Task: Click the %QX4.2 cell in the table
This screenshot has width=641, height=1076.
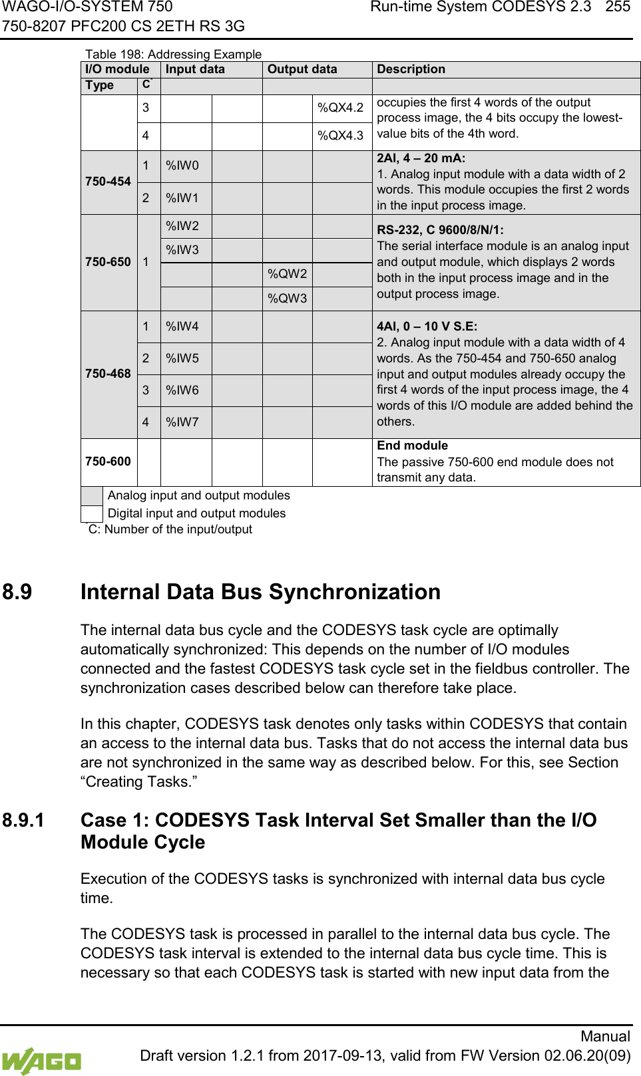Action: click(340, 108)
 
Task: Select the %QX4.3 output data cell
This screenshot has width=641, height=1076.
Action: click(340, 136)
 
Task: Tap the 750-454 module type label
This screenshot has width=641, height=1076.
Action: click(108, 182)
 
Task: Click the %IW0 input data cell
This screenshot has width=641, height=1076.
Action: click(182, 166)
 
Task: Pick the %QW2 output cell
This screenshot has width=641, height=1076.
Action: click(288, 274)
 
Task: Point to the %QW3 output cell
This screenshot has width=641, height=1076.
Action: click(288, 299)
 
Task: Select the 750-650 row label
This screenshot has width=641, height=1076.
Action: click(108, 262)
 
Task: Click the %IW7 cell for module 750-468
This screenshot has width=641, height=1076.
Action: click(182, 422)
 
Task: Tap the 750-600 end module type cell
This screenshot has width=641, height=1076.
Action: click(108, 462)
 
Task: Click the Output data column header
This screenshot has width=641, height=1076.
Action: click(302, 69)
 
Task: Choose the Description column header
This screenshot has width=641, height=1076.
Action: click(411, 69)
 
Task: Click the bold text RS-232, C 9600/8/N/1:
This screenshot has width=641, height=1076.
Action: click(440, 230)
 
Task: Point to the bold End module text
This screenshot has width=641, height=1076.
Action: click(412, 446)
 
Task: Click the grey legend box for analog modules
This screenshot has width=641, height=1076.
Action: click(92, 496)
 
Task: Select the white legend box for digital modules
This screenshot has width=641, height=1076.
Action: click(92, 514)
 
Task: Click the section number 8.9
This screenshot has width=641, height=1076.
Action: click(17, 592)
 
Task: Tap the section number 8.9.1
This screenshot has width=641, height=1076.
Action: click(23, 820)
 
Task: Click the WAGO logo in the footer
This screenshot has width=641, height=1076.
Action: click(41, 1061)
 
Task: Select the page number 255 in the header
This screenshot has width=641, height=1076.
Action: click(618, 7)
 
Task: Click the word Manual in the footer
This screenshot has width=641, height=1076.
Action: click(605, 1036)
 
